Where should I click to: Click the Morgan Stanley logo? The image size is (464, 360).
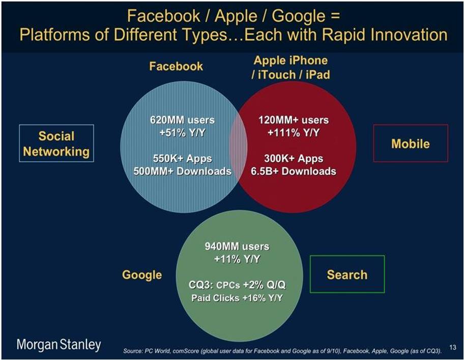[59, 345]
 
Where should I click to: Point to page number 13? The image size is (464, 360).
[452, 347]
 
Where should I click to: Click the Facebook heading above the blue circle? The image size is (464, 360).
[176, 66]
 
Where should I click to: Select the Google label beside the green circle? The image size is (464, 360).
[142, 275]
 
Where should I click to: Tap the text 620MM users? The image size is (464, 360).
[182, 120]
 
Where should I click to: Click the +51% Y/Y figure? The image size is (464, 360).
[182, 133]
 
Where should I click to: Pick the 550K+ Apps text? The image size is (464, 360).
[182, 159]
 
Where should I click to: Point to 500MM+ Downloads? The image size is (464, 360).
[182, 171]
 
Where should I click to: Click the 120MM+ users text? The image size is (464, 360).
[294, 120]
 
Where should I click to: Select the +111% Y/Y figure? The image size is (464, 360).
[294, 133]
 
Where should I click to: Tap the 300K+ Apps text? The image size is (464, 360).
[294, 159]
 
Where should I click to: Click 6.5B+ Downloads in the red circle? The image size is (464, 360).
[294, 171]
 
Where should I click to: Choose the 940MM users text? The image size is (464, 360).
[237, 247]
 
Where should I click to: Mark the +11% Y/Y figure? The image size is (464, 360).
[237, 259]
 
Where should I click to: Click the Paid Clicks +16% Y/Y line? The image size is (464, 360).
[237, 298]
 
